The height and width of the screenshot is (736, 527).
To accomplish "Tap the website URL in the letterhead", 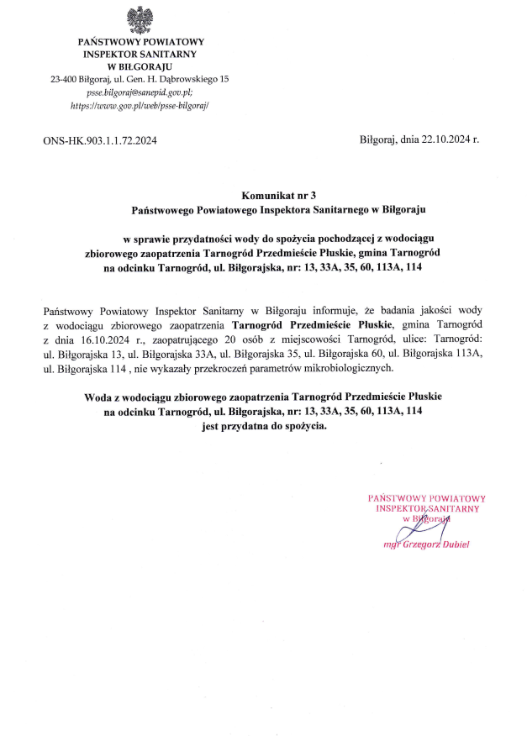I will click(140, 107).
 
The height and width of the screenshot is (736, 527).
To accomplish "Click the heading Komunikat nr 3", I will click(263, 194).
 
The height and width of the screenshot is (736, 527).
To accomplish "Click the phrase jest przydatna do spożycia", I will click(263, 427).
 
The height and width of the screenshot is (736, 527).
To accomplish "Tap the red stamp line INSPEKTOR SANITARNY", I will click(428, 509).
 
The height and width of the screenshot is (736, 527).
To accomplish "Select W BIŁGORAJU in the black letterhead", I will click(140, 66).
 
